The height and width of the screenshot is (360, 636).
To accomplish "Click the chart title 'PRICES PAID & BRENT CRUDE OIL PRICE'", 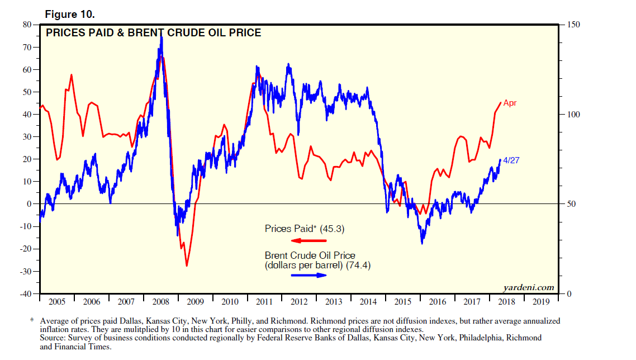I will coord(153,33).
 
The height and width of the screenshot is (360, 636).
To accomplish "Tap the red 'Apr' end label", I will coord(510,103).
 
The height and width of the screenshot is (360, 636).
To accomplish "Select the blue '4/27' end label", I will coord(511,160).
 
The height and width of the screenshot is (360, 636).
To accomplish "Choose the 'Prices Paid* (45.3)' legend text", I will coord(309,229).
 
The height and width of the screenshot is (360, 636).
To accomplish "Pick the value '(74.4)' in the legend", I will coord(358,266).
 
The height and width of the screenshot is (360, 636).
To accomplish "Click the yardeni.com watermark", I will coord(529,288).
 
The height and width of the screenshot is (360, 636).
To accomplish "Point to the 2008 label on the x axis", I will coord(160,302).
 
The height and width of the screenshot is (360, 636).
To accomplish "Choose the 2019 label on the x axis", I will coord(541,302).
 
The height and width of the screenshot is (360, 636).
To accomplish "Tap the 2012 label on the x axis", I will coord(299,302).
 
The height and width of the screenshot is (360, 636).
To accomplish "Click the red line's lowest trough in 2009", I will coord(187,266).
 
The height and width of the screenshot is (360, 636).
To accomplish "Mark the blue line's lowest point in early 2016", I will coord(422,243).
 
